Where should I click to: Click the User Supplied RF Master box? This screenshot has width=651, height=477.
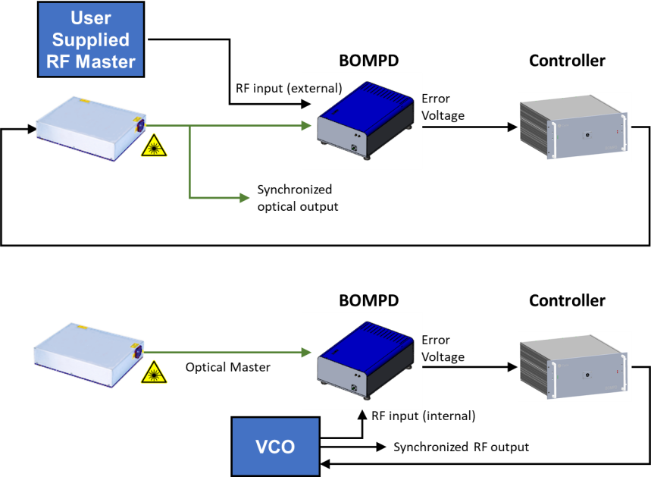coord(91,39)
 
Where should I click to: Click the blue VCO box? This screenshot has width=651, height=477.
coord(275,447)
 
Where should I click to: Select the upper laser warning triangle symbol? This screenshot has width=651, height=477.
coord(154,145)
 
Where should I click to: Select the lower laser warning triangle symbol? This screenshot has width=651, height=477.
coord(154,372)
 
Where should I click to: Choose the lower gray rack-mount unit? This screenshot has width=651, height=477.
coord(573,366)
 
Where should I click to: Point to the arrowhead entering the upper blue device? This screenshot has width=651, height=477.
coord(307,125)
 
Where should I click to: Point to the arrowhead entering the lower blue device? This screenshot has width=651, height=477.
coord(307,352)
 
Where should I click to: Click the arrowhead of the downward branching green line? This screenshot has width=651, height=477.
coord(244,198)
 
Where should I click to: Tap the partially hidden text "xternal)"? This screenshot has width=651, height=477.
coord(321,88)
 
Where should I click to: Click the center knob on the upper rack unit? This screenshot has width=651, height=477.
coord(587,136)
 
